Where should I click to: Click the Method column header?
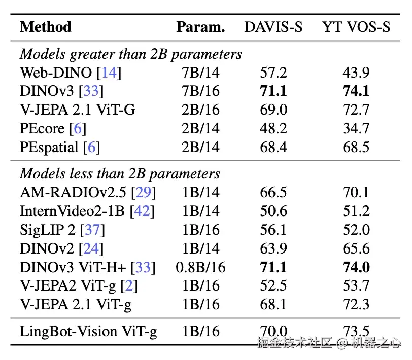click(x=46, y=27)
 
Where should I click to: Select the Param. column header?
click(x=200, y=27)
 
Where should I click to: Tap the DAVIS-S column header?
click(x=273, y=27)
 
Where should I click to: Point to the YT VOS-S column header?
click(x=356, y=27)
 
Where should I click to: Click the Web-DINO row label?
click(x=56, y=73)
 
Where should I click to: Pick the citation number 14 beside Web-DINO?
click(x=109, y=73)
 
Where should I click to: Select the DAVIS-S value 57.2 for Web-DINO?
click(x=273, y=73)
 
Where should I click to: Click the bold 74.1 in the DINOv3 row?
click(x=356, y=91)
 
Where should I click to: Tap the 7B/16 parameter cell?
click(x=200, y=91)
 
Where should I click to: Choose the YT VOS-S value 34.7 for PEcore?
click(x=356, y=128)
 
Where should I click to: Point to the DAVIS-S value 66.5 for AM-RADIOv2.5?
click(x=273, y=192)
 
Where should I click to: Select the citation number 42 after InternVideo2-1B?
click(x=142, y=211)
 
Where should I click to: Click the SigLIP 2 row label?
click(x=48, y=230)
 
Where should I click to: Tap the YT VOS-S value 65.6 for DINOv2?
click(x=356, y=248)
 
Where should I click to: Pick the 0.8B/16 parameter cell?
click(x=200, y=267)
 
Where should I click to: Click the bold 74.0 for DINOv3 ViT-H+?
click(x=356, y=267)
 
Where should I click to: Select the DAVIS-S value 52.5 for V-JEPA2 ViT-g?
click(x=273, y=285)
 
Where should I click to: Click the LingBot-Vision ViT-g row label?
click(x=88, y=332)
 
